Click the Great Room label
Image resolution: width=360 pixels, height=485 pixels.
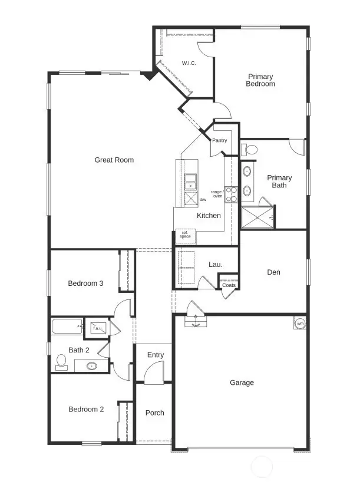[114, 160]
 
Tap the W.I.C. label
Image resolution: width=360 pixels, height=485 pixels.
[189, 63]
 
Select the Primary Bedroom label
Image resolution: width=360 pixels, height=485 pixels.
[261, 80]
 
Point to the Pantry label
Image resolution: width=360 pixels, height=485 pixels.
[219, 140]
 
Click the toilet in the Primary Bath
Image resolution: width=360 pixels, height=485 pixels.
[249, 150]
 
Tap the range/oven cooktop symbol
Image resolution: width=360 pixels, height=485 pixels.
[231, 194]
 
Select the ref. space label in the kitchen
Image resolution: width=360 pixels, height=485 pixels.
[186, 235]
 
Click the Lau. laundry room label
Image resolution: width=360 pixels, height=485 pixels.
[216, 265]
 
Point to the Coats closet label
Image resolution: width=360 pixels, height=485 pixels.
[229, 285]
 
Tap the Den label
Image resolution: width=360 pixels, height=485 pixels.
[273, 272]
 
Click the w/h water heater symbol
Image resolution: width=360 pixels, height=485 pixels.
[300, 324]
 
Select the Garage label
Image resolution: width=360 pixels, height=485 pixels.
[242, 382]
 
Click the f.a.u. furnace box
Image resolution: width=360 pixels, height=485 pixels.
[96, 328]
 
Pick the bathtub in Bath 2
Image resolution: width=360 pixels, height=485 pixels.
[68, 327]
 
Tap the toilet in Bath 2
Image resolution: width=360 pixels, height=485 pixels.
[61, 362]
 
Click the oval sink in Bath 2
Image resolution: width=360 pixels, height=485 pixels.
[92, 366]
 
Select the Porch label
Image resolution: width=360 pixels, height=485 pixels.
[155, 413]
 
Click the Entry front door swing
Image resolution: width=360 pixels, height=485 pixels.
[153, 374]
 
